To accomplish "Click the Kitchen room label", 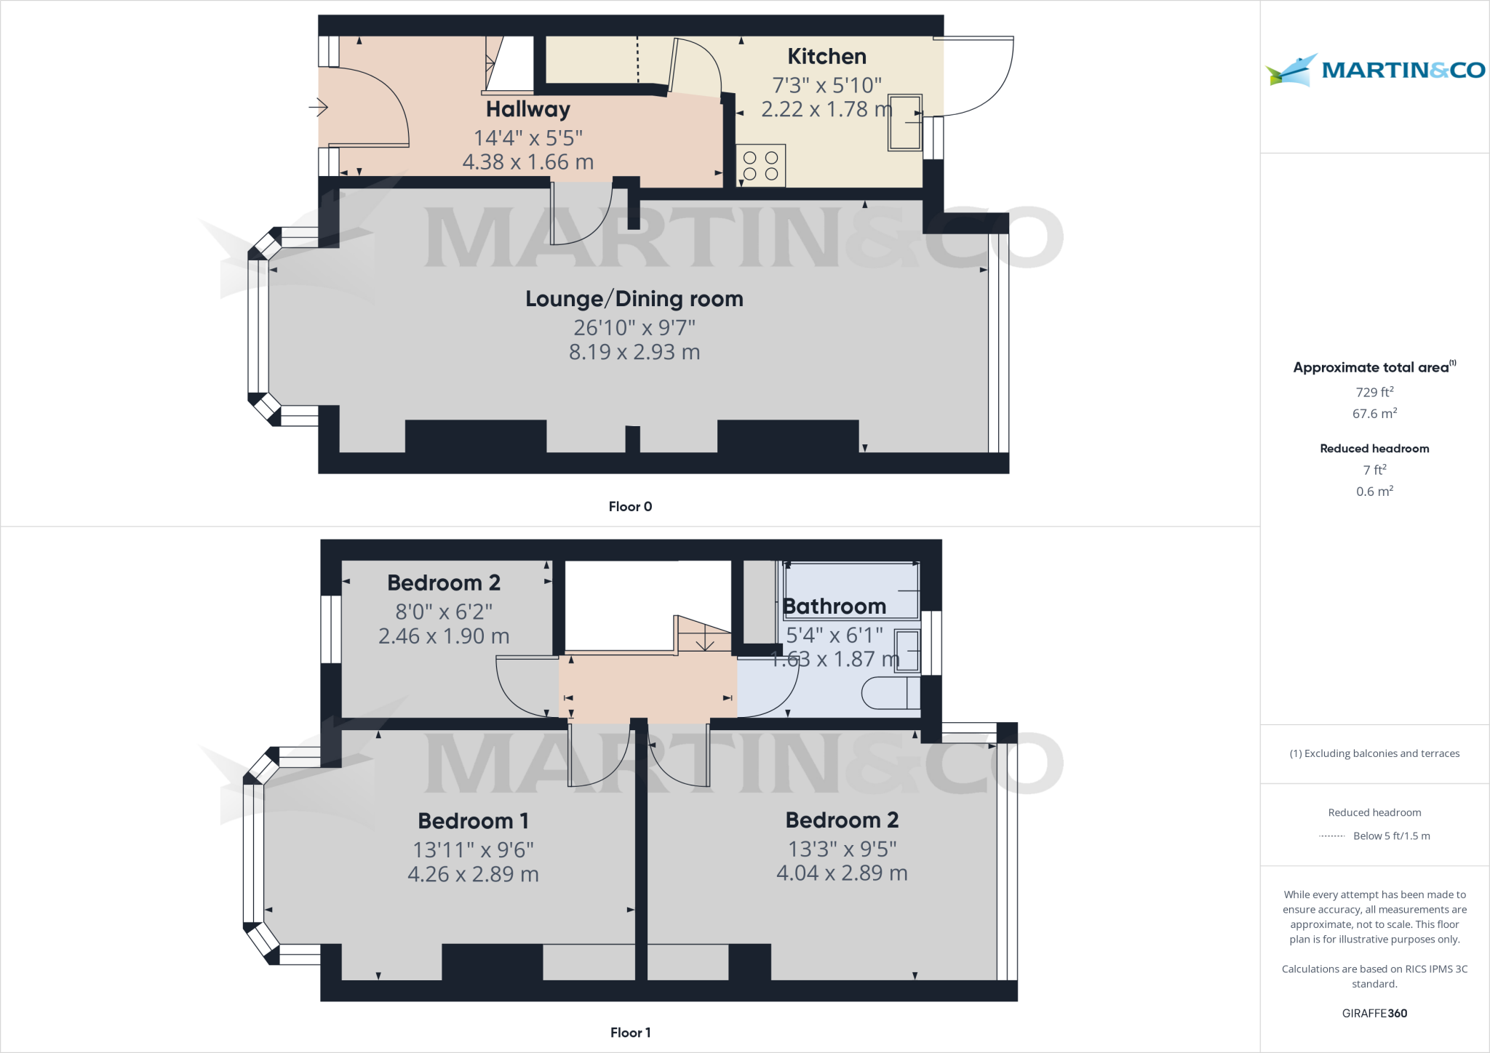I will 826,57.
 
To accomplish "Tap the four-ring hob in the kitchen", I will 760,166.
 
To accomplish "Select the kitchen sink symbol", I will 905,122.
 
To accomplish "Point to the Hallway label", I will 527,109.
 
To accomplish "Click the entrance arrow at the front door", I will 319,108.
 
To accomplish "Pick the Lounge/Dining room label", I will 634,299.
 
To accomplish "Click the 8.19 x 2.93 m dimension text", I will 634,352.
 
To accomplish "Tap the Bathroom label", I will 834,606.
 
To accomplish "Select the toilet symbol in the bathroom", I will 890,694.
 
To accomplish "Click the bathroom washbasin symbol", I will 907,650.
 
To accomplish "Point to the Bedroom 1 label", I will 473,821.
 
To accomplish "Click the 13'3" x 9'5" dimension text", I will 842,849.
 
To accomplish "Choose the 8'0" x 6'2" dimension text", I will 444,612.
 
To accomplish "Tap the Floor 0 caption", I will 630,507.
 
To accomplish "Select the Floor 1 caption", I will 630,1033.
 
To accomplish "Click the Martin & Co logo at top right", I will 1374,70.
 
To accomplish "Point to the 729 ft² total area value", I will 1374,392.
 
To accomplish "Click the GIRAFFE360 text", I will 1374,1013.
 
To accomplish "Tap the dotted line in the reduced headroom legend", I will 1332,836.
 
